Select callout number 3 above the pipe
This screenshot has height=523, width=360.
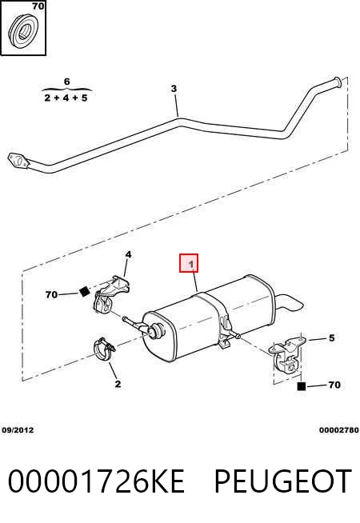(174, 89)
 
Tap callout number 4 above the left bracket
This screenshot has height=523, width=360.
(128, 255)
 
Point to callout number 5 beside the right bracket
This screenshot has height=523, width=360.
(331, 338)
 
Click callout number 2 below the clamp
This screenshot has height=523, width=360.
(118, 384)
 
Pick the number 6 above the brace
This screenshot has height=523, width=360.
(66, 82)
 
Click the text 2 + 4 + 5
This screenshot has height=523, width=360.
(66, 98)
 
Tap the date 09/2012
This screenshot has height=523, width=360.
(18, 430)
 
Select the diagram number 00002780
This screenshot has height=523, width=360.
(339, 430)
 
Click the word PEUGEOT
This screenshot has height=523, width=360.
(283, 481)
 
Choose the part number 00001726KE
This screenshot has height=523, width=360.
(96, 481)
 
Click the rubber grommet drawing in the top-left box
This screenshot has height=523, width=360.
(23, 31)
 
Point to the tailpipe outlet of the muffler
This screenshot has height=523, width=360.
(290, 302)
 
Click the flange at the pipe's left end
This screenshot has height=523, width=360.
(18, 161)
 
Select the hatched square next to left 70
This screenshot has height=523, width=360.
(85, 292)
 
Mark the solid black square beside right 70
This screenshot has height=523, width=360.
(302, 386)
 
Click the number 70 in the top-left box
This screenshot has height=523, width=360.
(38, 6)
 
